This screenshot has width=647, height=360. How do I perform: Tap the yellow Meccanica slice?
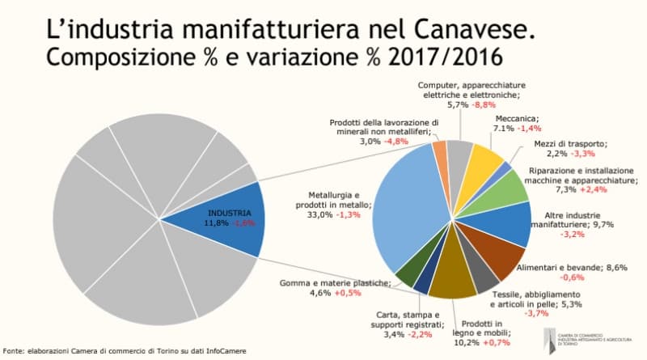[x=485, y=161]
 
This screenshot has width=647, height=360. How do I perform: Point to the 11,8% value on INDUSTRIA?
[x=207, y=223]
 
